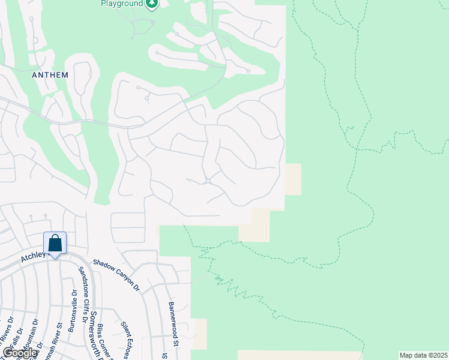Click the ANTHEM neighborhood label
coord(50,75)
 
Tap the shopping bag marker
coord(55,244)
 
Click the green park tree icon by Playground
coord(152,4)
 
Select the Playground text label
coord(122,4)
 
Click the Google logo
coord(20,353)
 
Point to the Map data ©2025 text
coord(423,355)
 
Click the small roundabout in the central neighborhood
coord(207,181)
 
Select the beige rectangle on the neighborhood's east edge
coord(293,179)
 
